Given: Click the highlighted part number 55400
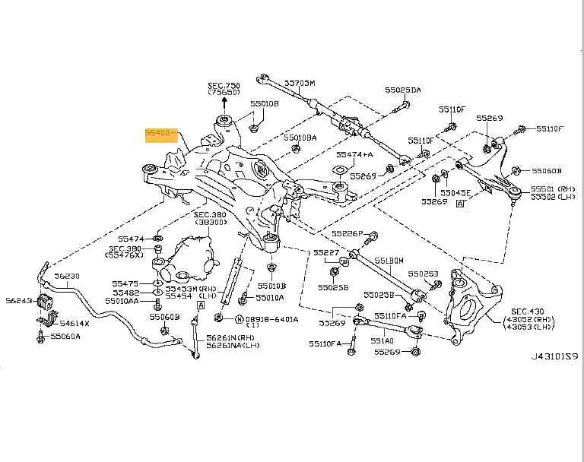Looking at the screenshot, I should [x=161, y=135].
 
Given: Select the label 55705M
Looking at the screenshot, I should [x=300, y=82].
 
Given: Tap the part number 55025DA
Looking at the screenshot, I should [x=403, y=90].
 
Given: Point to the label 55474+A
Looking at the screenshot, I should [x=355, y=154].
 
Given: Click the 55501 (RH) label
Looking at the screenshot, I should [x=557, y=188].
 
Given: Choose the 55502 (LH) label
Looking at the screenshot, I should [x=557, y=197].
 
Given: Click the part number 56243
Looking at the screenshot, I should [x=18, y=300].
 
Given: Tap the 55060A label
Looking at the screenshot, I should [x=65, y=336].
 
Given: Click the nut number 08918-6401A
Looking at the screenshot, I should [x=271, y=319].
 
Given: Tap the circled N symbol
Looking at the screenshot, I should [x=240, y=319].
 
